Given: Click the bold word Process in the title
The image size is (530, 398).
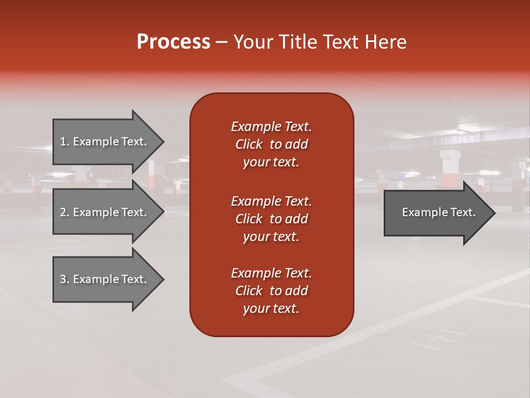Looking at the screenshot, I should pos(173,42).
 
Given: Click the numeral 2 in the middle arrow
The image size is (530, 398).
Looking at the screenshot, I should pos(63,212).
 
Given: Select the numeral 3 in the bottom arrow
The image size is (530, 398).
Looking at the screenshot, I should pos(63,279).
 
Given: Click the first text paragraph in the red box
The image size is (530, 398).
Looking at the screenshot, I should pos(271,144).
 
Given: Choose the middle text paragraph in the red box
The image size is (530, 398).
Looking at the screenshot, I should pos(271,219).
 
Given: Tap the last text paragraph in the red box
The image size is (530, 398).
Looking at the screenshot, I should pos(271,291).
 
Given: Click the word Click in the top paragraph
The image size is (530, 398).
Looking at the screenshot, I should pos(249,144).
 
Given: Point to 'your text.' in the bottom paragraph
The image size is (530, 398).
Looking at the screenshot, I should pos(271,308).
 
